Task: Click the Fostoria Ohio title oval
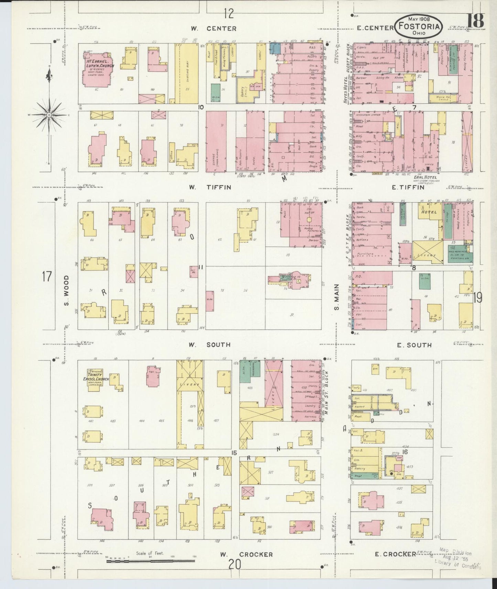[x=419, y=26]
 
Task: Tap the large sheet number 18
[x=475, y=21]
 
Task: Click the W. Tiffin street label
[x=210, y=187]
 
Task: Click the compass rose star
[x=49, y=114]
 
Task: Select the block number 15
[x=234, y=453]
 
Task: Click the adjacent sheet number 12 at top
[x=228, y=13]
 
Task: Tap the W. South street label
[x=209, y=345]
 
